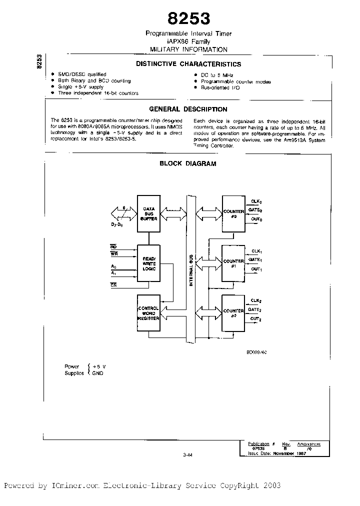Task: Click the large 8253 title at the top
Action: (188, 18)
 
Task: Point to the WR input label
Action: (114, 253)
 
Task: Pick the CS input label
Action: (114, 284)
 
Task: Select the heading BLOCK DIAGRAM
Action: (188, 163)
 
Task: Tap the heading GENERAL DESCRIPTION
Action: (188, 109)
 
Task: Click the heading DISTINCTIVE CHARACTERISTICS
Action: (189, 64)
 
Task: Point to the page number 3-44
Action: (188, 454)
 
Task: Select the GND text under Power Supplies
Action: (97, 373)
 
